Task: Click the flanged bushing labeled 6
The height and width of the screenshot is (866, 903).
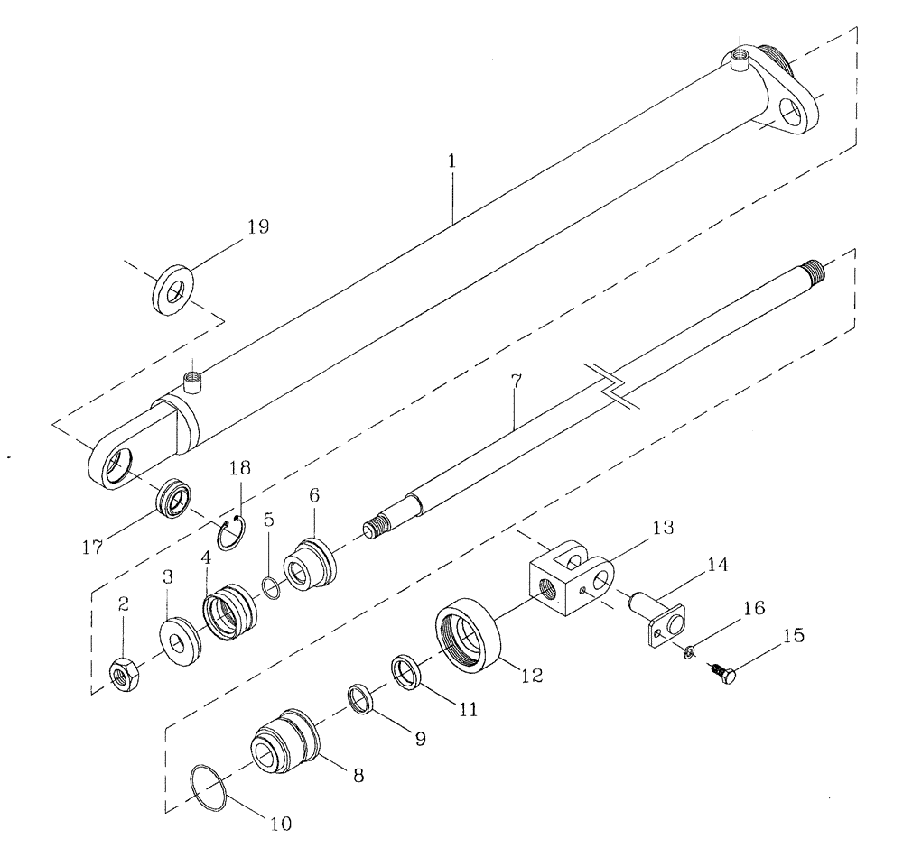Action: [x=308, y=565]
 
